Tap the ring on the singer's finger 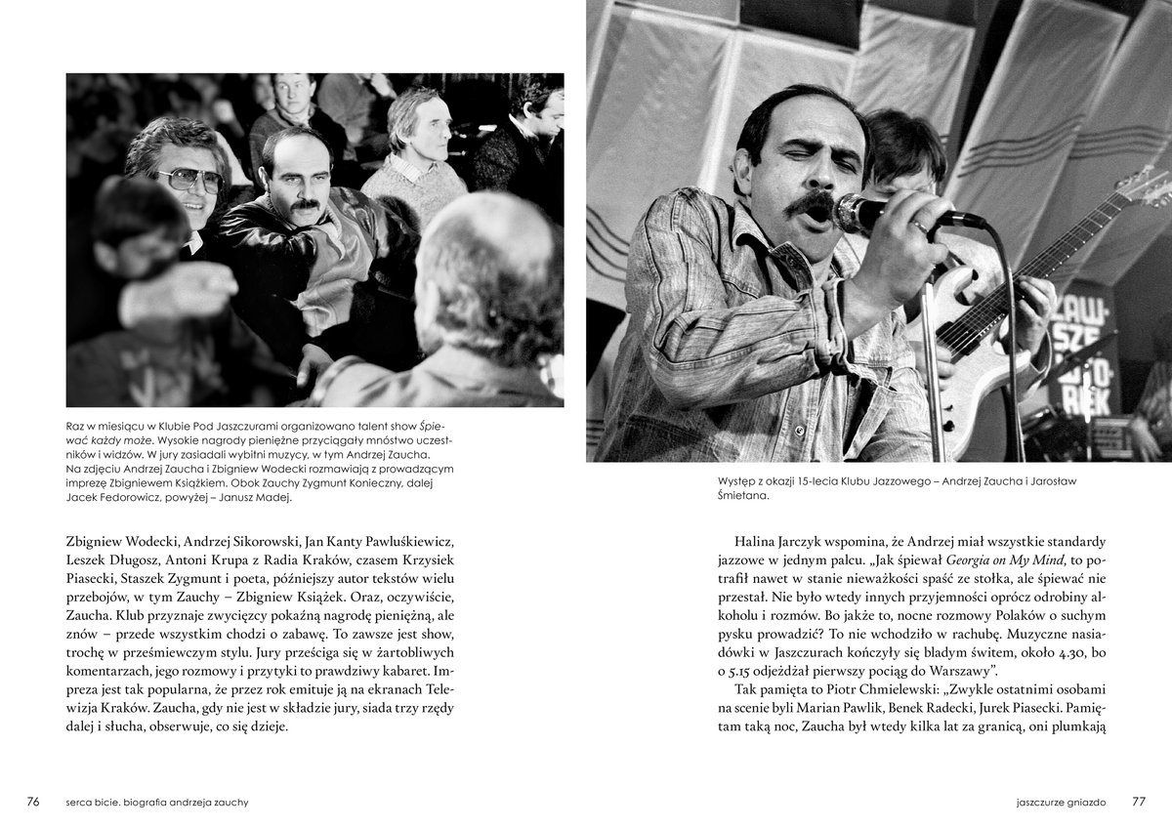(x=920, y=226)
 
